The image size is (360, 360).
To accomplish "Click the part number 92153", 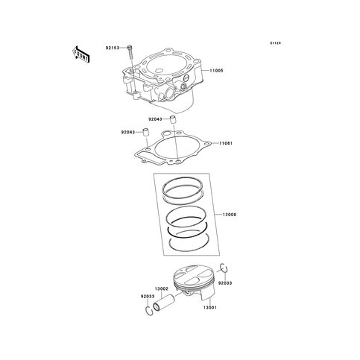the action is (x=113, y=48).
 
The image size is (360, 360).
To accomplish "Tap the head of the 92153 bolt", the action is (x=130, y=47).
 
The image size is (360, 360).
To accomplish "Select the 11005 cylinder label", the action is (x=216, y=71).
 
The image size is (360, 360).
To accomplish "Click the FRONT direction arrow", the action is (x=80, y=54).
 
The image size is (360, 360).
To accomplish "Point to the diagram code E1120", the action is (x=276, y=43).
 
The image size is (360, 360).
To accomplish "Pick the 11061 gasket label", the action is (x=225, y=143).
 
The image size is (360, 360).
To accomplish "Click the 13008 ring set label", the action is (x=229, y=215).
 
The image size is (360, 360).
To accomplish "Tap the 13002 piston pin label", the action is (x=162, y=289).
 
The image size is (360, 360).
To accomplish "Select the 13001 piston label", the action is (x=210, y=308).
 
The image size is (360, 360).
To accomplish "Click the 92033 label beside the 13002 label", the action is (x=148, y=297).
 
